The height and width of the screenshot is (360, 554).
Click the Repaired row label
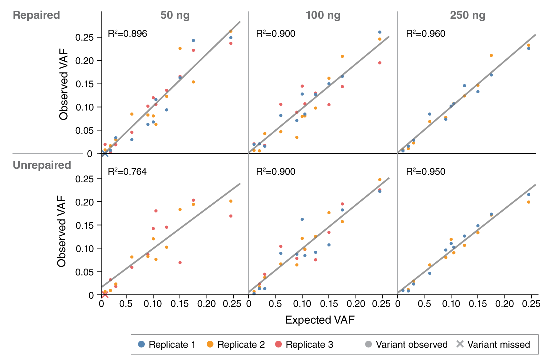pyautogui.click(x=36, y=15)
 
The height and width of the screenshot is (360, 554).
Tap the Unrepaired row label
pyautogui.click(x=42, y=165)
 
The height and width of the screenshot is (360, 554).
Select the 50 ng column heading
pyautogui.click(x=175, y=15)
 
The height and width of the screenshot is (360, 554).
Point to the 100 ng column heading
pyautogui.click(x=323, y=15)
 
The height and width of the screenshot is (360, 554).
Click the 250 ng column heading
pyautogui.click(x=467, y=15)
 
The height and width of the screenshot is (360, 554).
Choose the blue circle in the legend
pyautogui.click(x=141, y=344)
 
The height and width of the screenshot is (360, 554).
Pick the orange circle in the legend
pyautogui.click(x=210, y=344)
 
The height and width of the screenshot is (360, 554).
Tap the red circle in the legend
pyautogui.click(x=278, y=344)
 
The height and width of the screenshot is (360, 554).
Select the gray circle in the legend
pyautogui.click(x=368, y=344)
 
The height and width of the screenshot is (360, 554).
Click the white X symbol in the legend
pyautogui.click(x=460, y=344)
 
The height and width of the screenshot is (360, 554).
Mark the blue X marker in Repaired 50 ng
pyautogui.click(x=105, y=155)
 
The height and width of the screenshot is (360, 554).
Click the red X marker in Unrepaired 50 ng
pyautogui.click(x=105, y=296)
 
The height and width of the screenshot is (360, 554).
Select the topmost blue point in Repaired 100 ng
pyautogui.click(x=380, y=32)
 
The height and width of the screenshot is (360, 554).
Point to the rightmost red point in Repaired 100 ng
pyautogui.click(x=380, y=63)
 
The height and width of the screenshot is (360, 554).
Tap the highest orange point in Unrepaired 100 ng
pyautogui.click(x=380, y=180)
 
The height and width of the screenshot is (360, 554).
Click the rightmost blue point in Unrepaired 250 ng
pyautogui.click(x=529, y=195)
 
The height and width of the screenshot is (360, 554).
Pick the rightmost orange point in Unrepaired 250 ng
pyautogui.click(x=529, y=202)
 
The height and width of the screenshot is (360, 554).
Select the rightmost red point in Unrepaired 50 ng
pyautogui.click(x=231, y=216)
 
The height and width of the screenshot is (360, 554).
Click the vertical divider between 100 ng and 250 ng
pyautogui.click(x=398, y=150)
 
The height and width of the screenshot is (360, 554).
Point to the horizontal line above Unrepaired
pyautogui.click(x=48, y=154)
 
